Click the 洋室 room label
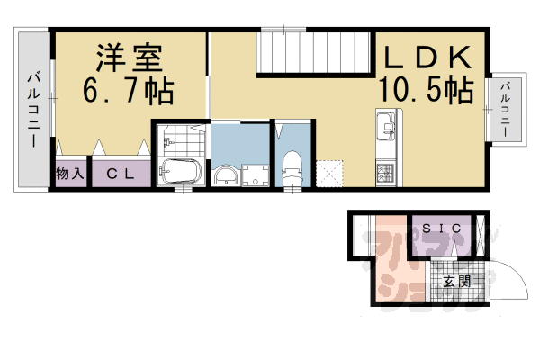(130, 58)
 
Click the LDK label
(427, 58)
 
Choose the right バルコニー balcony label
(507, 110)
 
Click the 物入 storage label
(70, 174)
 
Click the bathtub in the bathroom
(181, 171)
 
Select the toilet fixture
(291, 168)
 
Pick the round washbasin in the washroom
(224, 175)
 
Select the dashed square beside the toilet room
(330, 172)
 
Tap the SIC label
(442, 229)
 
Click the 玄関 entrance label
(456, 282)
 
